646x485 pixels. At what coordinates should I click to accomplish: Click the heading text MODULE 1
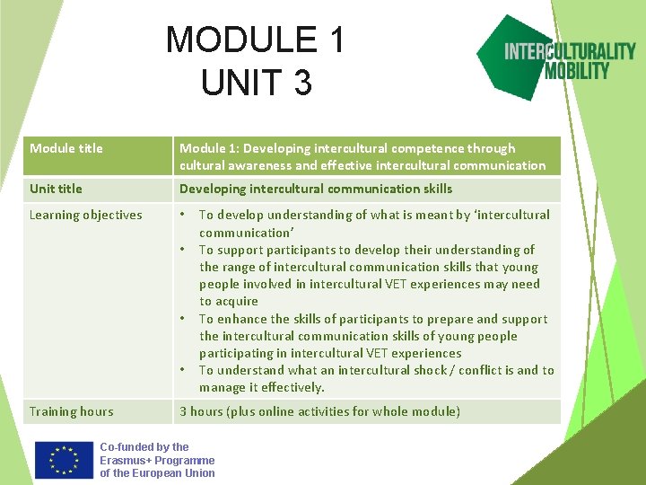coord(255,40)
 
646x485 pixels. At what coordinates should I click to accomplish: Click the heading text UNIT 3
coord(257,83)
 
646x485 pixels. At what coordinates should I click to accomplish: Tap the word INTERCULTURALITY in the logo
coord(570,50)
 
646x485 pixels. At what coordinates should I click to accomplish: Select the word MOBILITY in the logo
coord(577,70)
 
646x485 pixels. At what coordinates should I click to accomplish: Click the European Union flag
coord(65,459)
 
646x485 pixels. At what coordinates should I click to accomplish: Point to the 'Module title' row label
coord(66,148)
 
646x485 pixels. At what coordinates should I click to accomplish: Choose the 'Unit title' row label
coord(56,189)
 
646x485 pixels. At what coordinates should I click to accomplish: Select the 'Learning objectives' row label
coord(85,215)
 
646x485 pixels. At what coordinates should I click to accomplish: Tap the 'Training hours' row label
coord(71,411)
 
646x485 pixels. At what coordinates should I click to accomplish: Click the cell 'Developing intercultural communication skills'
coord(316,189)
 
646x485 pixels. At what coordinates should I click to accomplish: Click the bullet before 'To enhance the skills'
coord(183,319)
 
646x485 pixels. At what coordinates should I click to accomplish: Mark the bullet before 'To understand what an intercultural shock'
coord(183,370)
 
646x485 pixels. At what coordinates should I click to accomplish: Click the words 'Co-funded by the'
coord(144,447)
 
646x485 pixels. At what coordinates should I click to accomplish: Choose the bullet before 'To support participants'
coord(183,250)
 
